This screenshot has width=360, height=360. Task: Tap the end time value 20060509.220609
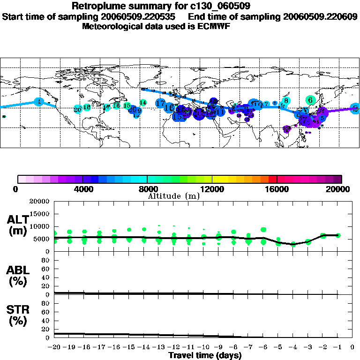320,16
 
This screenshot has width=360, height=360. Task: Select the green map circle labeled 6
310,100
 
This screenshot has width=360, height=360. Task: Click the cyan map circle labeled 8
286,100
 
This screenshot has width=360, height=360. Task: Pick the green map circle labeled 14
143,102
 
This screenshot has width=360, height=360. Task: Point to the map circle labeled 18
87,107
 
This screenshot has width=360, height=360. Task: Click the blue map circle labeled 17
160,103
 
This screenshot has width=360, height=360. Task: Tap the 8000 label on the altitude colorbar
147,189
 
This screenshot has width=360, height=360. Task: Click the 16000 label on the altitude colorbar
277,189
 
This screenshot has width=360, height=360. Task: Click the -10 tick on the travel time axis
203,347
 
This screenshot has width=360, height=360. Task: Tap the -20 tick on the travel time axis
54,347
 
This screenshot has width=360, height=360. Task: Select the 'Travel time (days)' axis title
205,355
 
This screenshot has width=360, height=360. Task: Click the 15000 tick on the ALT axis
41,214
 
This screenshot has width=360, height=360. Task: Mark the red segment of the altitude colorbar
273,179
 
